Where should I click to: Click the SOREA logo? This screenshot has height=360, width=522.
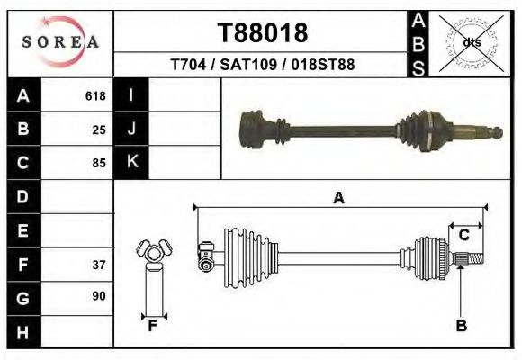[x=60, y=42]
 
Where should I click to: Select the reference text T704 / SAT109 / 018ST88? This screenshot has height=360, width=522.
[x=262, y=66]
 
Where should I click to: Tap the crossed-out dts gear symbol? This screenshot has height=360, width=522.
[x=470, y=42]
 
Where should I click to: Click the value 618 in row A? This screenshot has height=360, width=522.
[x=95, y=96]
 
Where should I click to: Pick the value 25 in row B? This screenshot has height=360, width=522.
[x=99, y=130]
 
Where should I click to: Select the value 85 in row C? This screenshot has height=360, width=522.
[x=99, y=163]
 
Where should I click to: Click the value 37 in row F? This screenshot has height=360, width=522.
[x=99, y=265]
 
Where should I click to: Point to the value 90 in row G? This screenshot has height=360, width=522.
[x=99, y=296]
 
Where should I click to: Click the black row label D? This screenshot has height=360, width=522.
[x=22, y=196]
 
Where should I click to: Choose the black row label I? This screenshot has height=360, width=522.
[x=131, y=95]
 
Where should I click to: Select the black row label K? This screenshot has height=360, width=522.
[x=131, y=162]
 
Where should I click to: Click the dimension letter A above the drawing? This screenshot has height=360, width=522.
[x=339, y=199]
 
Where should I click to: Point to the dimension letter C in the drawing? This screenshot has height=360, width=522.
[x=464, y=235]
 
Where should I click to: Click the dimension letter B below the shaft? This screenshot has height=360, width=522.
[x=461, y=325]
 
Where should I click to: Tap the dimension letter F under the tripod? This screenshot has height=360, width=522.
[x=153, y=325]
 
